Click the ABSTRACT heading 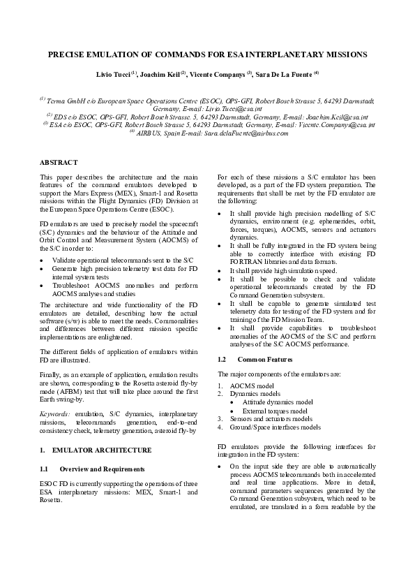[59, 162]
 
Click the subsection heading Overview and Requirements [103, 468]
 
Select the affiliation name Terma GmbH [68, 101]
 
